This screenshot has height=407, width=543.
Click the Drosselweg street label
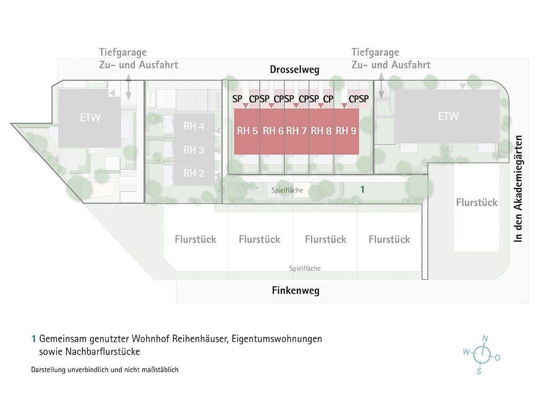pos(295,70)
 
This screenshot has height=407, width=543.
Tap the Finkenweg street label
pos(295,290)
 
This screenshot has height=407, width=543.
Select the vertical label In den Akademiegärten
pos(518,189)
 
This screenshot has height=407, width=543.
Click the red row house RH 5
pos(247,131)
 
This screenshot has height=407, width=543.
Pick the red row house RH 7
pos(296,131)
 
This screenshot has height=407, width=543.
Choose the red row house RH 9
pos(346,131)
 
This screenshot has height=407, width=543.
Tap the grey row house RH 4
pos(194,126)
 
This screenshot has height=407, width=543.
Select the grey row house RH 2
pos(194,173)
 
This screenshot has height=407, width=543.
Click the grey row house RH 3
pos(194,150)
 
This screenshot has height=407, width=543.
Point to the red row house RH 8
pos(321,131)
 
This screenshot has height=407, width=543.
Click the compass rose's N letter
pos(485,339)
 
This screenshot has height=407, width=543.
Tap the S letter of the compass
pos(479,371)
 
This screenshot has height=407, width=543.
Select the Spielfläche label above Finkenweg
pos(305,269)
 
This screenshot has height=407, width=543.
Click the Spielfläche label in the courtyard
pos(287,190)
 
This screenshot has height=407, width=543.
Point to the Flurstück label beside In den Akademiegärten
pos(476,203)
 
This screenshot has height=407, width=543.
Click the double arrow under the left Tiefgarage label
pos(129,88)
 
